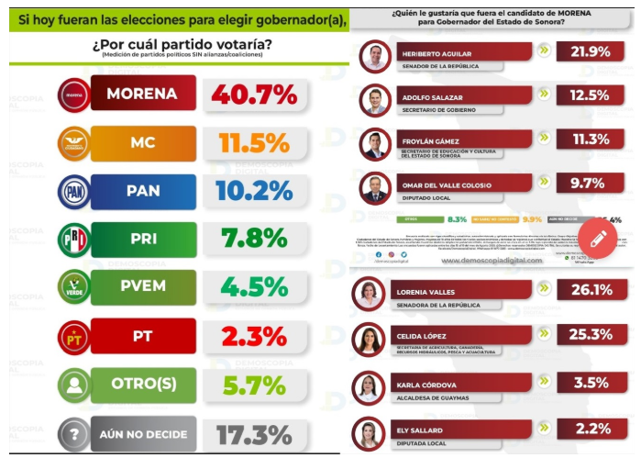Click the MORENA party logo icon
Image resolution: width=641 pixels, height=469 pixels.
click(x=74, y=95)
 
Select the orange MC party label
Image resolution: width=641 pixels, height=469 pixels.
click(x=143, y=143)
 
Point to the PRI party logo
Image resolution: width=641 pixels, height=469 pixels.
click(x=74, y=240)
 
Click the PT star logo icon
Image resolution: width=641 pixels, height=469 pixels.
click(x=74, y=336)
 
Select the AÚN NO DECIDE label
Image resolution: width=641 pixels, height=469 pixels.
click(x=143, y=433)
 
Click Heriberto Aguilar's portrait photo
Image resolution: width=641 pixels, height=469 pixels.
click(x=375, y=57)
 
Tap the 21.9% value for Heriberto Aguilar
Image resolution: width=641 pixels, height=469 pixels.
click(x=591, y=51)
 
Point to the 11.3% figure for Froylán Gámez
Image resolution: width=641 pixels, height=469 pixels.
click(x=591, y=140)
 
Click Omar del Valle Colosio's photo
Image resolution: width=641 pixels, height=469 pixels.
click(x=375, y=187)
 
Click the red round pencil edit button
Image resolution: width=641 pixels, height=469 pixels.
click(x=598, y=240)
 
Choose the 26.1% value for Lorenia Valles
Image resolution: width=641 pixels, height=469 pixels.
click(x=591, y=290)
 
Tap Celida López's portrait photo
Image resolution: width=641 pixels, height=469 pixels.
click(x=370, y=339)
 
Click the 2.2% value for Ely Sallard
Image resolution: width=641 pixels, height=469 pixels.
click(x=591, y=428)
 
